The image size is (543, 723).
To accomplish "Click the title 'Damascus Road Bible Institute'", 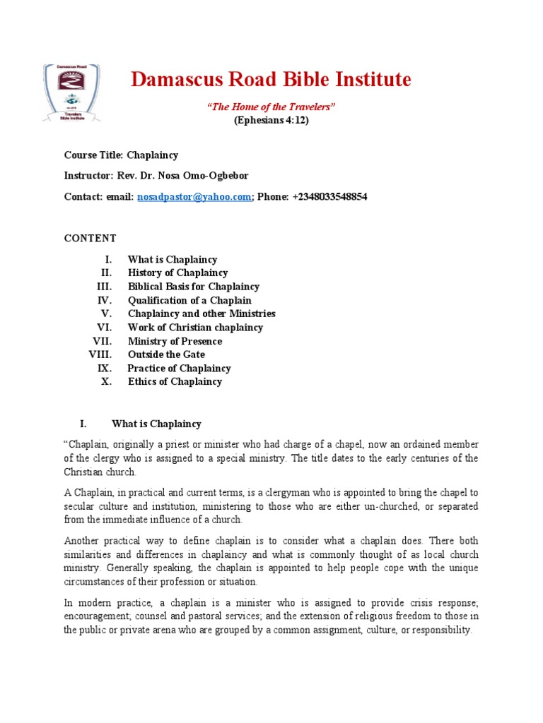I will tap(271, 80).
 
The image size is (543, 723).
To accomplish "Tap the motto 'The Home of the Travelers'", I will tap(271, 107).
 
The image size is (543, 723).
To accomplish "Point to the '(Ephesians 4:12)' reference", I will tap(271, 120).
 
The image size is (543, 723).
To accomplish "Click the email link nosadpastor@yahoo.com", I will tap(194, 197).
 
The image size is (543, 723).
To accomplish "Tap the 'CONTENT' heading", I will tap(90, 238).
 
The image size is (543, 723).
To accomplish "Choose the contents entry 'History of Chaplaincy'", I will tap(177, 273).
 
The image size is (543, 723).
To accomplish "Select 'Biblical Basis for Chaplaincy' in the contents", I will tap(193, 287).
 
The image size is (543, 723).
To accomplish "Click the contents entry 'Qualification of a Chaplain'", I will tap(189, 300).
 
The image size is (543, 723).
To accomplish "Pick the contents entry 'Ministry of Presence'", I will tap(175, 341).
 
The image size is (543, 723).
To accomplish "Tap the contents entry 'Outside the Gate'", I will tap(166, 354).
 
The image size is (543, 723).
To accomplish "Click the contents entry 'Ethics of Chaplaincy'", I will tap(175, 382).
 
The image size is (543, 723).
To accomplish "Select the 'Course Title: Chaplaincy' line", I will tap(121, 155).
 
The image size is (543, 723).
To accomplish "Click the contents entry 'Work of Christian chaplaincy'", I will tap(195, 328).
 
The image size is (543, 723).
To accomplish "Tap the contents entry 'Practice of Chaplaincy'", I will tap(179, 369).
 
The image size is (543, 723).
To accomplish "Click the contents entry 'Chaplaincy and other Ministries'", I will tap(202, 313).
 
